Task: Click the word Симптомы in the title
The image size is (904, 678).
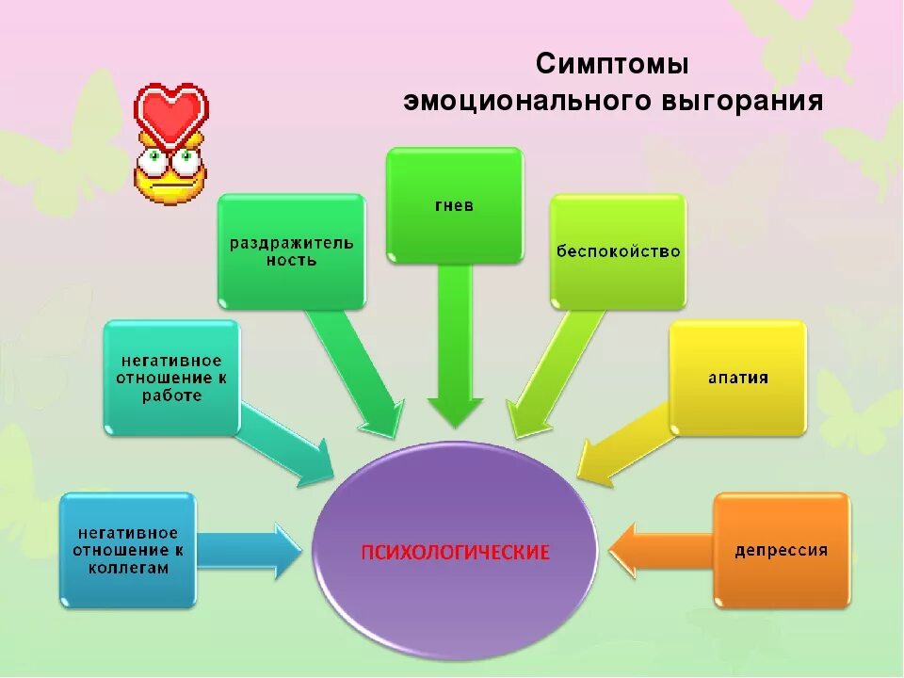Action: pyautogui.click(x=613, y=66)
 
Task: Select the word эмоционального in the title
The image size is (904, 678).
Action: pyautogui.click(x=522, y=101)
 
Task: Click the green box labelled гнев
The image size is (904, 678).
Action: pyautogui.click(x=455, y=204)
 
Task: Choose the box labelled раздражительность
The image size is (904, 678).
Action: pyautogui.click(x=291, y=250)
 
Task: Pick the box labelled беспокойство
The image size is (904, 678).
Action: pyautogui.click(x=618, y=251)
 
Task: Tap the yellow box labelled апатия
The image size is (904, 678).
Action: pyautogui.click(x=738, y=378)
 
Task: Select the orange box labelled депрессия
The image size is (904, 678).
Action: pyautogui.click(x=782, y=550)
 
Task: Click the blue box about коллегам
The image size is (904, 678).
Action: pyautogui.click(x=128, y=550)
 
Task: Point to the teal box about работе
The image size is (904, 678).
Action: pyautogui.click(x=170, y=377)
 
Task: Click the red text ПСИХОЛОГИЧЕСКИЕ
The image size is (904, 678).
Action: pyautogui.click(x=456, y=551)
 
